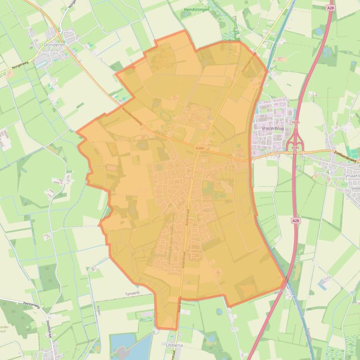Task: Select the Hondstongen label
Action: click(x=197, y=9)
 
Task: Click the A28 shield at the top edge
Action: click(x=331, y=8)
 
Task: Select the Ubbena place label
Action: click(x=175, y=345)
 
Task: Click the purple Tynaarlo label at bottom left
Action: click(x=132, y=293)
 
